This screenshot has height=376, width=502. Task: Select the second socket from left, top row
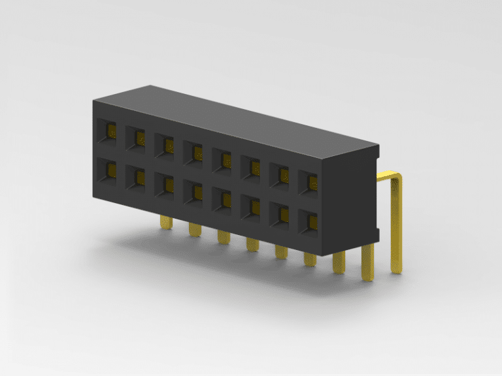[136, 137]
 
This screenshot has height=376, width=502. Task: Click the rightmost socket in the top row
[309, 181]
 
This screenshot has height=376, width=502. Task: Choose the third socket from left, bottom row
[165, 185]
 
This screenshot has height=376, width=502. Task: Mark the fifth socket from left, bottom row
[222, 199]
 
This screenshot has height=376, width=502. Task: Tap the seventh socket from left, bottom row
[280, 213]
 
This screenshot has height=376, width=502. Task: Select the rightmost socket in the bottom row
[309, 221]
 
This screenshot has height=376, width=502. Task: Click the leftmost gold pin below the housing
[166, 223]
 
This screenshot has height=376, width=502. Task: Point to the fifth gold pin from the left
[280, 251]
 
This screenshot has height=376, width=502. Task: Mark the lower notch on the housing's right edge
[376, 233]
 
